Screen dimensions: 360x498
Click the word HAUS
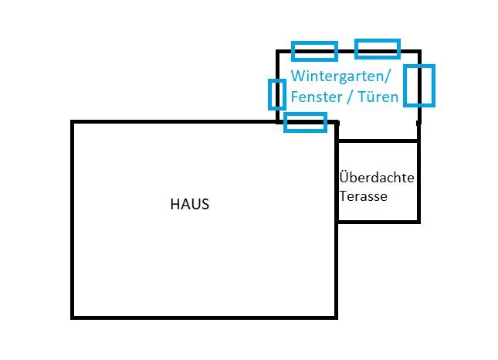pos(190,205)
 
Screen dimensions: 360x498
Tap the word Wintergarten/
pos(341,77)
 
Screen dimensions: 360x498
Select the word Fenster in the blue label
pos(314,97)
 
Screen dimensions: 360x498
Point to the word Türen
pos(380,97)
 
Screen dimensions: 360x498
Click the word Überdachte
pos(378,178)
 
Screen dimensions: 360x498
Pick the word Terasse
pos(363,195)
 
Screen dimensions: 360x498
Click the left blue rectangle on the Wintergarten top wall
pos(314,51)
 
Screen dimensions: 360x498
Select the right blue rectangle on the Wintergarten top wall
pos(378,49)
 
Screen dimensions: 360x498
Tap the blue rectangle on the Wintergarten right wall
pos(419,85)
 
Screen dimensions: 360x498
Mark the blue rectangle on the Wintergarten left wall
pos(276,94)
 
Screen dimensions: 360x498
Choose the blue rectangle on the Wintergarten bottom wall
pos(305,122)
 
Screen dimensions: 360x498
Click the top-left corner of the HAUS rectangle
pos(73,122)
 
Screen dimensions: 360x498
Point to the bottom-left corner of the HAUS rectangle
pos(73,317)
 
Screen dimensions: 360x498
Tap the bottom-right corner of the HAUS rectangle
pos(337,317)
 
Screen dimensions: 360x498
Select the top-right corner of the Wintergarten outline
pos(419,52)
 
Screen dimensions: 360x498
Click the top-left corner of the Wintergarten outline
pos(278,52)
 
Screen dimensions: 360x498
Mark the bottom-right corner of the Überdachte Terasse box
pos(418,222)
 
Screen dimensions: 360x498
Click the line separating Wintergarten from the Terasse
pos(378,141)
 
